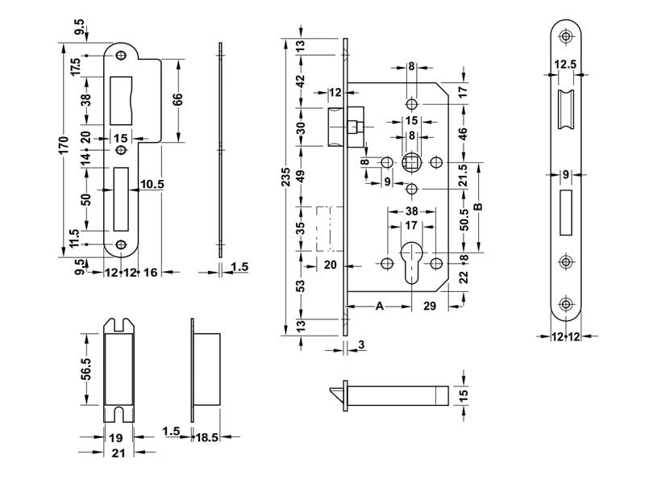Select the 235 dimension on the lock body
[287, 182]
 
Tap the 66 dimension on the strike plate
[179, 100]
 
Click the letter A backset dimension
[378, 306]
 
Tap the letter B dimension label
[477, 207]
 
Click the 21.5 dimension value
[464, 175]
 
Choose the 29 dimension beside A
[430, 306]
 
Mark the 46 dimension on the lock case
[464, 133]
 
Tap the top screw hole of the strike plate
[122, 56]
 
